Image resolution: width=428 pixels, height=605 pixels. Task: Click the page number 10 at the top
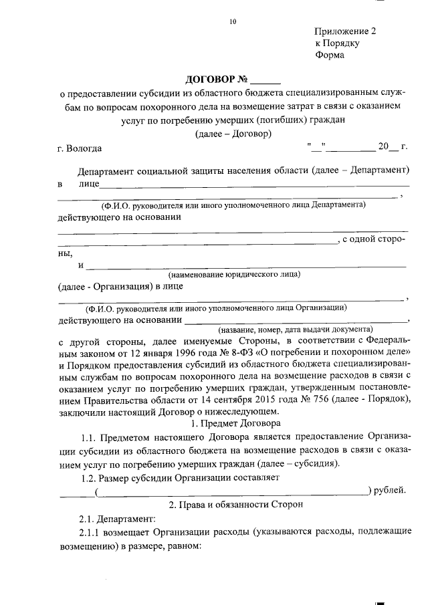coord(232,22)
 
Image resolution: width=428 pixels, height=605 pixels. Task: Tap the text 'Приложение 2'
coord(346,31)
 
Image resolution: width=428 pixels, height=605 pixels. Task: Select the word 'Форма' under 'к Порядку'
coord(330,55)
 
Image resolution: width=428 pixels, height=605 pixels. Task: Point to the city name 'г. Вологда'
coord(80,148)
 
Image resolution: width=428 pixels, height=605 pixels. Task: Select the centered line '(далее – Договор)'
coord(232,134)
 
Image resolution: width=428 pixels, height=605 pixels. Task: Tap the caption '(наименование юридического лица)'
coord(234,273)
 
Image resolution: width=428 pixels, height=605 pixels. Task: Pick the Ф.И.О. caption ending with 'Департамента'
coord(233,205)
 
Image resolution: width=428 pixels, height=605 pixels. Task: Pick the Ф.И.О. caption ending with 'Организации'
coord(215,308)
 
